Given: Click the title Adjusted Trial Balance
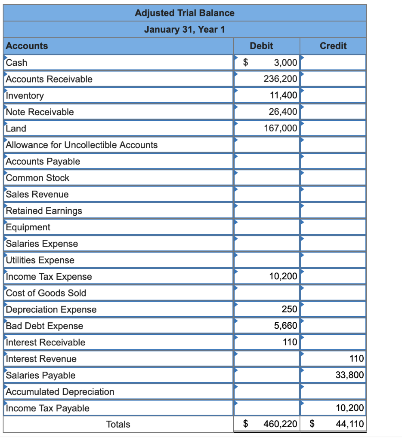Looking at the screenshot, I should (185, 13).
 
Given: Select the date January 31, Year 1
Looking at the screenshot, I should (185, 30).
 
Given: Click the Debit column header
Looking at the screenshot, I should (261, 46).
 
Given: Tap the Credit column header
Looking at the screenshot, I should (333, 46).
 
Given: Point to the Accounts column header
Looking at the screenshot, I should (27, 46).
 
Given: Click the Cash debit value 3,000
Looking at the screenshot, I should (285, 63).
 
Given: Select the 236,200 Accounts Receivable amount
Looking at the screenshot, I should (280, 79).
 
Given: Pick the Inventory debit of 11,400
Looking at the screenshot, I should (283, 95).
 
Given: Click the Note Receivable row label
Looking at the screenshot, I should (40, 112).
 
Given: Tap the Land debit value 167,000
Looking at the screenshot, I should (280, 128).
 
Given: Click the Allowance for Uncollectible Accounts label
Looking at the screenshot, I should (82, 145).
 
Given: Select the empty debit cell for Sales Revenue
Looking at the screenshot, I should (266, 194).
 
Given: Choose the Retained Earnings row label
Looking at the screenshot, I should (43, 211).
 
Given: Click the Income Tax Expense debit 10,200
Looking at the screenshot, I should (283, 277).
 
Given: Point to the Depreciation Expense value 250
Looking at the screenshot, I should (289, 309).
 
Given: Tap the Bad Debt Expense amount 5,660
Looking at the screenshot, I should (285, 326).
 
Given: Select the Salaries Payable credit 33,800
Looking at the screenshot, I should (349, 375).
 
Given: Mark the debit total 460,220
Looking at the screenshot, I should (280, 425).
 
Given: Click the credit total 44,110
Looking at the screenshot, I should (349, 425).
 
